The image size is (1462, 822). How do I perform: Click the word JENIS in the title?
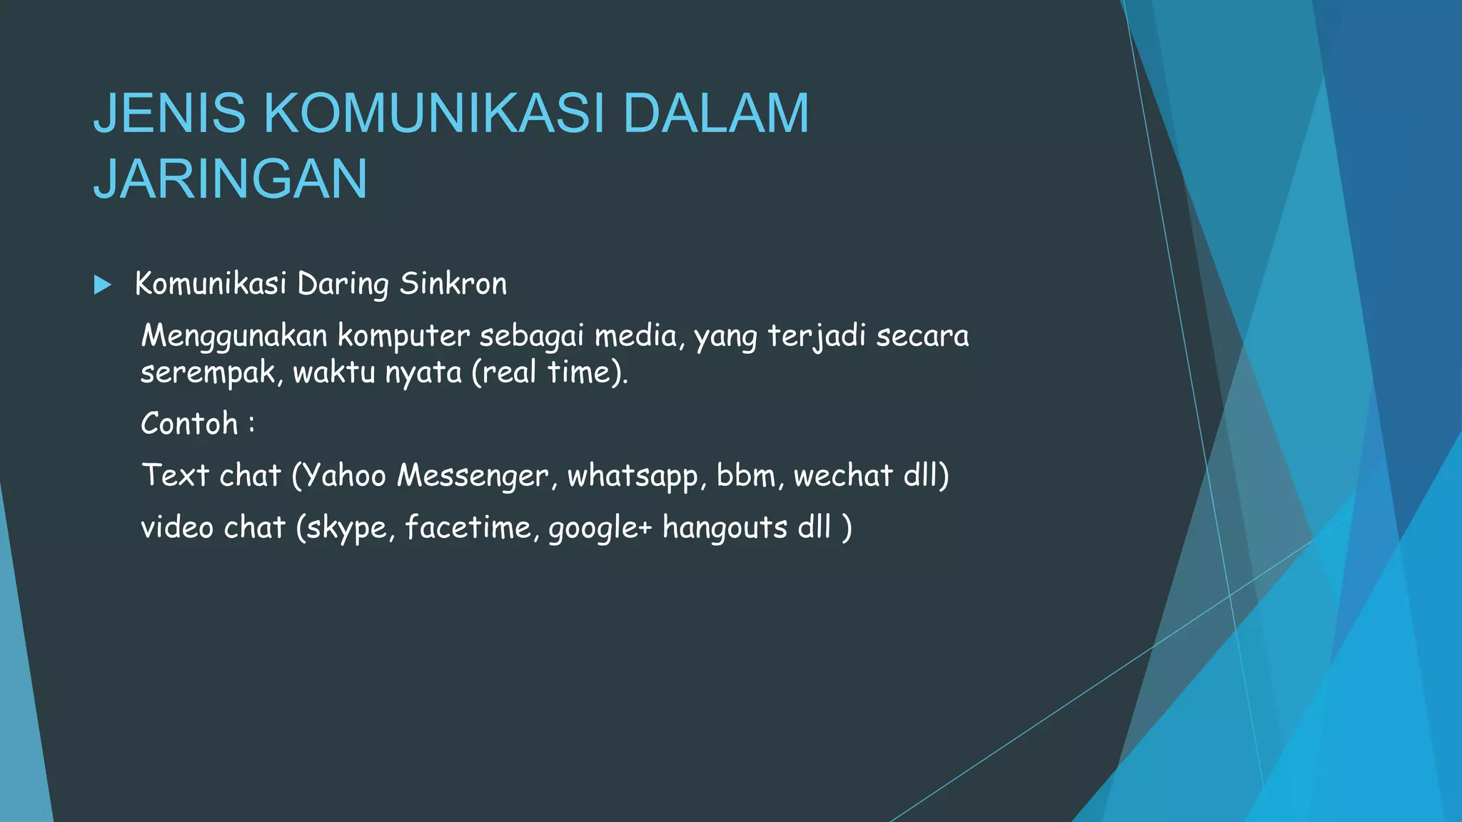pyautogui.click(x=169, y=113)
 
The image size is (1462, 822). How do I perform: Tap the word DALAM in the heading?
pyautogui.click(x=716, y=113)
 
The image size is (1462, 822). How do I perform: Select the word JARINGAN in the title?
pyautogui.click(x=230, y=178)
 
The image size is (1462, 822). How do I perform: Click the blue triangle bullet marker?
pyautogui.click(x=103, y=285)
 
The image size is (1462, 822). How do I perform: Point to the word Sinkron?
pyautogui.click(x=453, y=284)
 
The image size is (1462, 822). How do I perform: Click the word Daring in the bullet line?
pyautogui.click(x=343, y=285)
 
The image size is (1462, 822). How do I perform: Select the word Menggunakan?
pyautogui.click(x=233, y=336)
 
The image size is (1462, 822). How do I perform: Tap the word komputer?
pyautogui.click(x=403, y=336)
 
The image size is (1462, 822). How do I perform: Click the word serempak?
pyautogui.click(x=207, y=372)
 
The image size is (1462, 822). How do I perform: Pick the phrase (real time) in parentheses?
pyautogui.click(x=548, y=372)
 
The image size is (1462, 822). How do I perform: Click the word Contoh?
pyautogui.click(x=189, y=424)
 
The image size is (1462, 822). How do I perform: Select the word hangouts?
pyautogui.click(x=725, y=528)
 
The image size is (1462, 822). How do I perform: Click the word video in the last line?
pyautogui.click(x=177, y=527)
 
